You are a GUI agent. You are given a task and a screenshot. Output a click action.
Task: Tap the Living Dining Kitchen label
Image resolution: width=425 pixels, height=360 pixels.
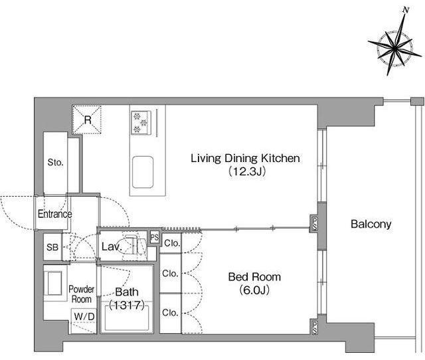tap(245, 158)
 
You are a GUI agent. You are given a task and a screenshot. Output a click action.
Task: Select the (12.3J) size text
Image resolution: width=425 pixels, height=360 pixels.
tap(246, 172)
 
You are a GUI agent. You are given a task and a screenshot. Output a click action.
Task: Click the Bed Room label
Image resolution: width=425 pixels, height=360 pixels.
tap(254, 277)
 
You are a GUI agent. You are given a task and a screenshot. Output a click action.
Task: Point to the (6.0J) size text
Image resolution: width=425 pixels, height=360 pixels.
tap(254, 290)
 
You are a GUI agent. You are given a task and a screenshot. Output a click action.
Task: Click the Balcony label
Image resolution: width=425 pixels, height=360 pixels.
tap(371, 224)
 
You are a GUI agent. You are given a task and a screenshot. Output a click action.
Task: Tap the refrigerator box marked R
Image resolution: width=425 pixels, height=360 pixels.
tap(87, 120)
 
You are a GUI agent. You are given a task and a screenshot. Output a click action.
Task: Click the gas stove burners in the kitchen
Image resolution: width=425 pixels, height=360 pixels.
tap(141, 122)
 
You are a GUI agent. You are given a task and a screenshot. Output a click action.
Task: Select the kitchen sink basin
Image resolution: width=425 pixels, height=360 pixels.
tap(143, 172)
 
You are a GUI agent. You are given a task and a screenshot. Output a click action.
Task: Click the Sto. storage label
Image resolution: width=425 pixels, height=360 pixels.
tap(55, 162)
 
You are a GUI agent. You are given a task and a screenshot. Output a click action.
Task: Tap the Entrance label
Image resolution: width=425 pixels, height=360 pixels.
tap(54, 214)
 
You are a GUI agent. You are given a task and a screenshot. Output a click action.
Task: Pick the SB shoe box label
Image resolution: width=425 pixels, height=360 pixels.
tap(52, 247)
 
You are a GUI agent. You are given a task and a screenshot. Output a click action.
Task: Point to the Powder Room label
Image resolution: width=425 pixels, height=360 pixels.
tap(81, 294)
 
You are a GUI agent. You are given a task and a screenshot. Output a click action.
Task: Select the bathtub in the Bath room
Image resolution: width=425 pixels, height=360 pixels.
tap(127, 317)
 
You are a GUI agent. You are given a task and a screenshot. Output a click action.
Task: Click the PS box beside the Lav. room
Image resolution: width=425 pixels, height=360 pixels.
tap(155, 238)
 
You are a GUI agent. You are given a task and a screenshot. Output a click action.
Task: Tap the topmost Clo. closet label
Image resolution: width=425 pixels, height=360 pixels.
tap(172, 243)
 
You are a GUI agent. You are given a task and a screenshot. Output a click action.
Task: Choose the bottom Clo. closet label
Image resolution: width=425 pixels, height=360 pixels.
tap(170, 313)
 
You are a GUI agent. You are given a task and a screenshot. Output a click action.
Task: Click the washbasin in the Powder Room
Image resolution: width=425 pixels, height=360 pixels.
tap(55, 283)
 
